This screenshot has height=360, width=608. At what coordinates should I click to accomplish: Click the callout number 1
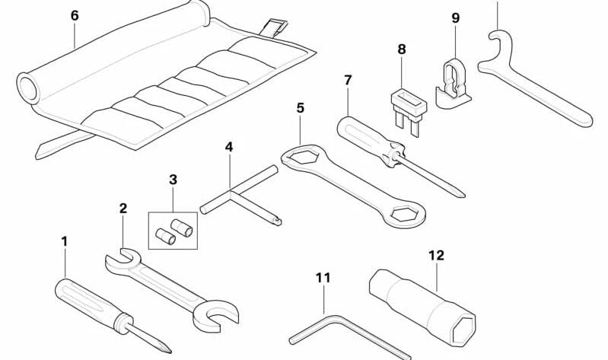point(65,241)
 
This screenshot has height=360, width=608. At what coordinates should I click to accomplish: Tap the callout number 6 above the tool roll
point(74,15)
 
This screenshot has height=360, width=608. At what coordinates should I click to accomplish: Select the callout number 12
point(436,255)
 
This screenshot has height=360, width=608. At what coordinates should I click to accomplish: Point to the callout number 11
point(323,278)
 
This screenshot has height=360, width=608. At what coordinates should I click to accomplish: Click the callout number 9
point(455,17)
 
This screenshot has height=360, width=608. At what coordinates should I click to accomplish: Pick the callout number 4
point(228,146)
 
